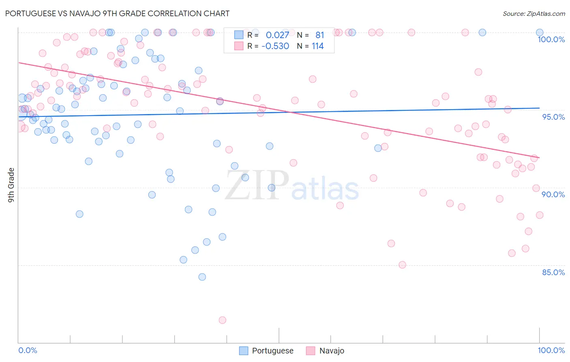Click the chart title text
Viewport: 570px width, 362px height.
pos(117,13)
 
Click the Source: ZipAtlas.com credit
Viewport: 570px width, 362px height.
pos(534,13)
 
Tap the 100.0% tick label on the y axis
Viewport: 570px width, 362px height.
pos(551,39)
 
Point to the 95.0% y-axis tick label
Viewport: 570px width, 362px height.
pos(553,117)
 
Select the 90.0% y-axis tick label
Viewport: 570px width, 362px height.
pos(553,194)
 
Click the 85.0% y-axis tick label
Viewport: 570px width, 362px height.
pos(553,272)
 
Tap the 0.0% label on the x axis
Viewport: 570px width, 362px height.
pos(28,350)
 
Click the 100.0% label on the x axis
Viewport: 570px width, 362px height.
pos(551,350)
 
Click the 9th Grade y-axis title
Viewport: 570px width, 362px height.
pos(11,185)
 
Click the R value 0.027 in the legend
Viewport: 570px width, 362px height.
pos(277,35)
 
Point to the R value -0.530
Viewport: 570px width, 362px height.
pos(275,46)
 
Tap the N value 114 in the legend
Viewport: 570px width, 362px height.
pos(317,46)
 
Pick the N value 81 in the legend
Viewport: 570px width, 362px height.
pos(319,35)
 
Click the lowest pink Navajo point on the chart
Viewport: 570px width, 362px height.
pos(222,320)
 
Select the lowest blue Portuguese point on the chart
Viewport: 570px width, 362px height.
pos(202,277)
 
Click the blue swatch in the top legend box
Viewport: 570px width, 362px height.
pos(239,35)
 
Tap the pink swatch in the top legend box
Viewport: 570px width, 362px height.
pos(239,46)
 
